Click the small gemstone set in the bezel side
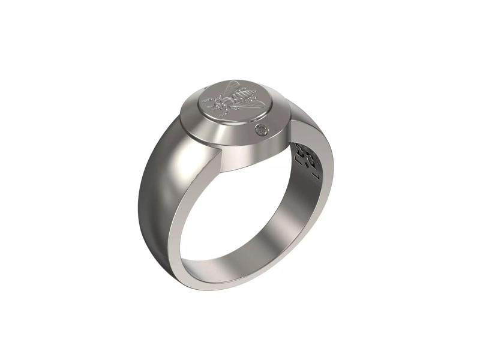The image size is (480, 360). click(261, 131)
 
